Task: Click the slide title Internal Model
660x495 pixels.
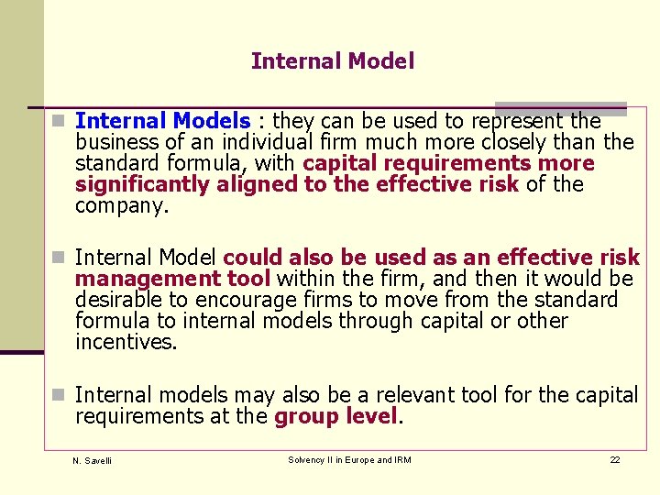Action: [x=332, y=61]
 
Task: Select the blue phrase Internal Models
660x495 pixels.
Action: [x=162, y=121]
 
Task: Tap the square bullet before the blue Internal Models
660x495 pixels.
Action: [x=58, y=121]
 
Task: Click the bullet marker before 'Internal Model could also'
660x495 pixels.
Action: [x=58, y=258]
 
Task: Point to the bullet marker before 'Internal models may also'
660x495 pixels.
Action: [x=58, y=395]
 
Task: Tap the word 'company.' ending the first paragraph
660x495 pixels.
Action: [x=122, y=205]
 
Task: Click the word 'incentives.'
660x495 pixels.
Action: [x=126, y=342]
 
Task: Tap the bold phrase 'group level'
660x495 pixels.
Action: [x=335, y=416]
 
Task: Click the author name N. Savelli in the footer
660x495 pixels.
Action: [x=92, y=460]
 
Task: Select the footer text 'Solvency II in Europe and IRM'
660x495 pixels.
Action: [x=349, y=459]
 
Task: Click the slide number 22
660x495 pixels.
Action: [x=614, y=459]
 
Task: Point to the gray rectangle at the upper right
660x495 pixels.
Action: [x=560, y=108]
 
